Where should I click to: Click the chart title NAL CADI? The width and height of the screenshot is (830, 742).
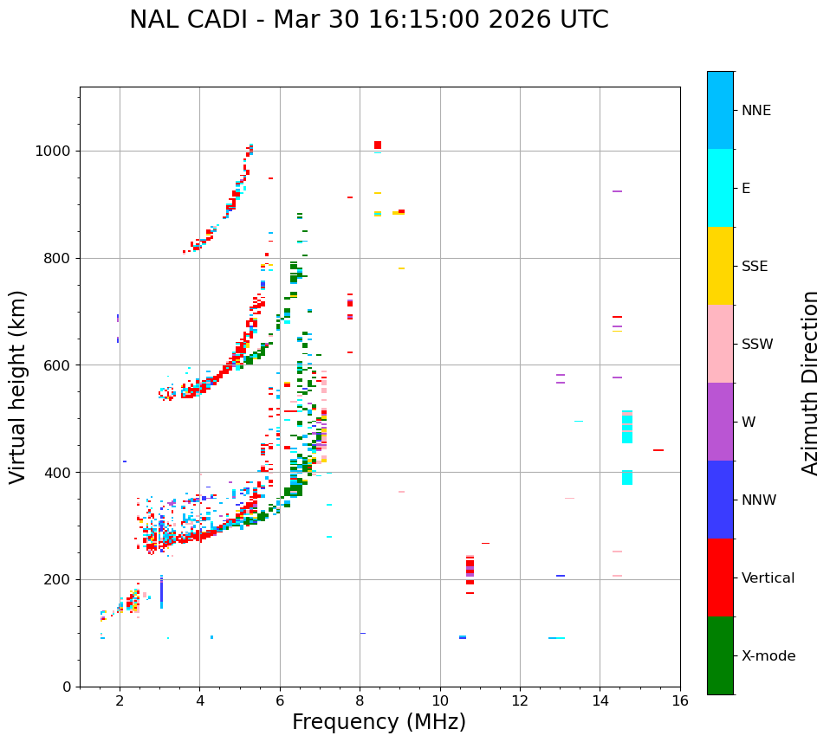368,20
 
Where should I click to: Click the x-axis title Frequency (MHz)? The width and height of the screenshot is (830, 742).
379,722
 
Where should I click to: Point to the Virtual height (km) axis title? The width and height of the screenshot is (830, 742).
18,387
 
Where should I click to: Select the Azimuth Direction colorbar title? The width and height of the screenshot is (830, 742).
810,383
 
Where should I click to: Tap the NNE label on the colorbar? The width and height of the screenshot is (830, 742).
755,111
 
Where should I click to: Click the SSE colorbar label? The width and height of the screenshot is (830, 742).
754,267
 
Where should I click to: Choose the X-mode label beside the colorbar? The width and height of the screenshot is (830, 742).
768,656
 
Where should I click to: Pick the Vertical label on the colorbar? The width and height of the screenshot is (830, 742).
768,578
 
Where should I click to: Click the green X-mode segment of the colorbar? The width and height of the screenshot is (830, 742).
720,655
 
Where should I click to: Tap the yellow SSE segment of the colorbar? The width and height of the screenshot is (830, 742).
720,266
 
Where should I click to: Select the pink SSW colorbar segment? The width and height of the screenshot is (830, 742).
720,344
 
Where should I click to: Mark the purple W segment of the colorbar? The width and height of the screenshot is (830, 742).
720,422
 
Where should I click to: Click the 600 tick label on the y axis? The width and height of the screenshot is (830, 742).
58,365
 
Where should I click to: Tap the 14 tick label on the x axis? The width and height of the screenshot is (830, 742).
600,700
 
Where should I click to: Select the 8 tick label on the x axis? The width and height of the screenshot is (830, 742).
360,700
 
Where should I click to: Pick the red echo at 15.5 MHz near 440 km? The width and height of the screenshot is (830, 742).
658,450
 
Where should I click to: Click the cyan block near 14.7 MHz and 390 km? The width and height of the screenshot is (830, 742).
627,477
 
